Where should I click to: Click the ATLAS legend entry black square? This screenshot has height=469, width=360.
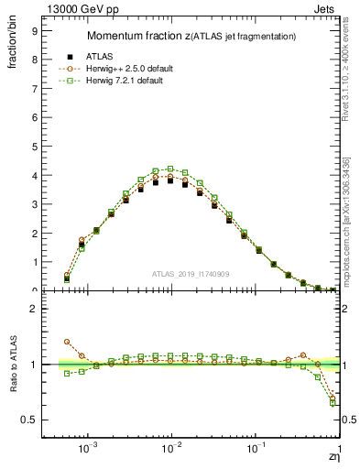click(66, 56)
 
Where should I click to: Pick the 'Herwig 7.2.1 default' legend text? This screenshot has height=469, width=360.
click(124, 82)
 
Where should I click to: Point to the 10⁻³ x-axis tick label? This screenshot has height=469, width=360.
click(88, 450)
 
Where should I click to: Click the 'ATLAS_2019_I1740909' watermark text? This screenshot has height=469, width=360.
click(191, 274)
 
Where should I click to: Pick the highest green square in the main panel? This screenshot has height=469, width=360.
click(170, 169)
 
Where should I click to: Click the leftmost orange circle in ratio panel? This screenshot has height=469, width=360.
click(66, 341)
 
